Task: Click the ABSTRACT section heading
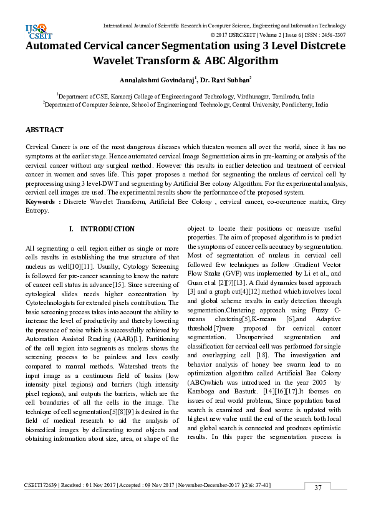point(44,130)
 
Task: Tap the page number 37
point(318,487)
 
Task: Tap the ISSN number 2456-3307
point(332,35)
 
